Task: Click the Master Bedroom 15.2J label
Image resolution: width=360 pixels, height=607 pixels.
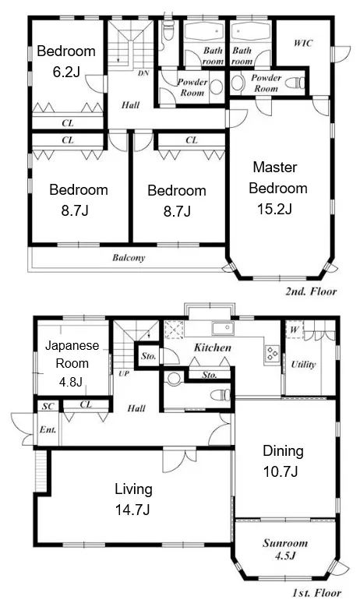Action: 278,188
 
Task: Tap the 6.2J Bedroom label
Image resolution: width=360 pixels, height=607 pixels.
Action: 66,61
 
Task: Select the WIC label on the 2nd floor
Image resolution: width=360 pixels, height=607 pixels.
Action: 302,43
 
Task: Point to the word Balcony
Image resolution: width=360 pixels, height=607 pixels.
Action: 129,257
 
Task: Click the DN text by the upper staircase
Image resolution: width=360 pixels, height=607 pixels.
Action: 143,72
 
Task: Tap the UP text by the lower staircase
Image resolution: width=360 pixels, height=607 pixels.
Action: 123,373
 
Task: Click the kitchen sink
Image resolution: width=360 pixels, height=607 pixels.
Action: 222,328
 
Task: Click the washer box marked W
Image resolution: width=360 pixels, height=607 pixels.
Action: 295,330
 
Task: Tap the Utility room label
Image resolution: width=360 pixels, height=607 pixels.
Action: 303,364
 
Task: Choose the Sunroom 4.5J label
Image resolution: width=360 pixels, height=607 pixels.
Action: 285,549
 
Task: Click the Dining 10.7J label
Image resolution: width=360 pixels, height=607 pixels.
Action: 283,461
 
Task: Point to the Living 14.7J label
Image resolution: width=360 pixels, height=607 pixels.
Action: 132,499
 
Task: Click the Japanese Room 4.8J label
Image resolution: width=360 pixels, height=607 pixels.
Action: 72,363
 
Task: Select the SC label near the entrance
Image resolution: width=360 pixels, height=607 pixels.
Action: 48,406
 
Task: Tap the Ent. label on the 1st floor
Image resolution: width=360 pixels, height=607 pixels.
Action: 48,429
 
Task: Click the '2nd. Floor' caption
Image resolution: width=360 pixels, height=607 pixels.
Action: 311,291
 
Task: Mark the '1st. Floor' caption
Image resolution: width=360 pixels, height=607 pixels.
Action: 316,593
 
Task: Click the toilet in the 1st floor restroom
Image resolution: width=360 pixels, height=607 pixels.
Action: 221,395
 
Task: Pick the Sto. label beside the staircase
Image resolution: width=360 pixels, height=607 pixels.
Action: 148,355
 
